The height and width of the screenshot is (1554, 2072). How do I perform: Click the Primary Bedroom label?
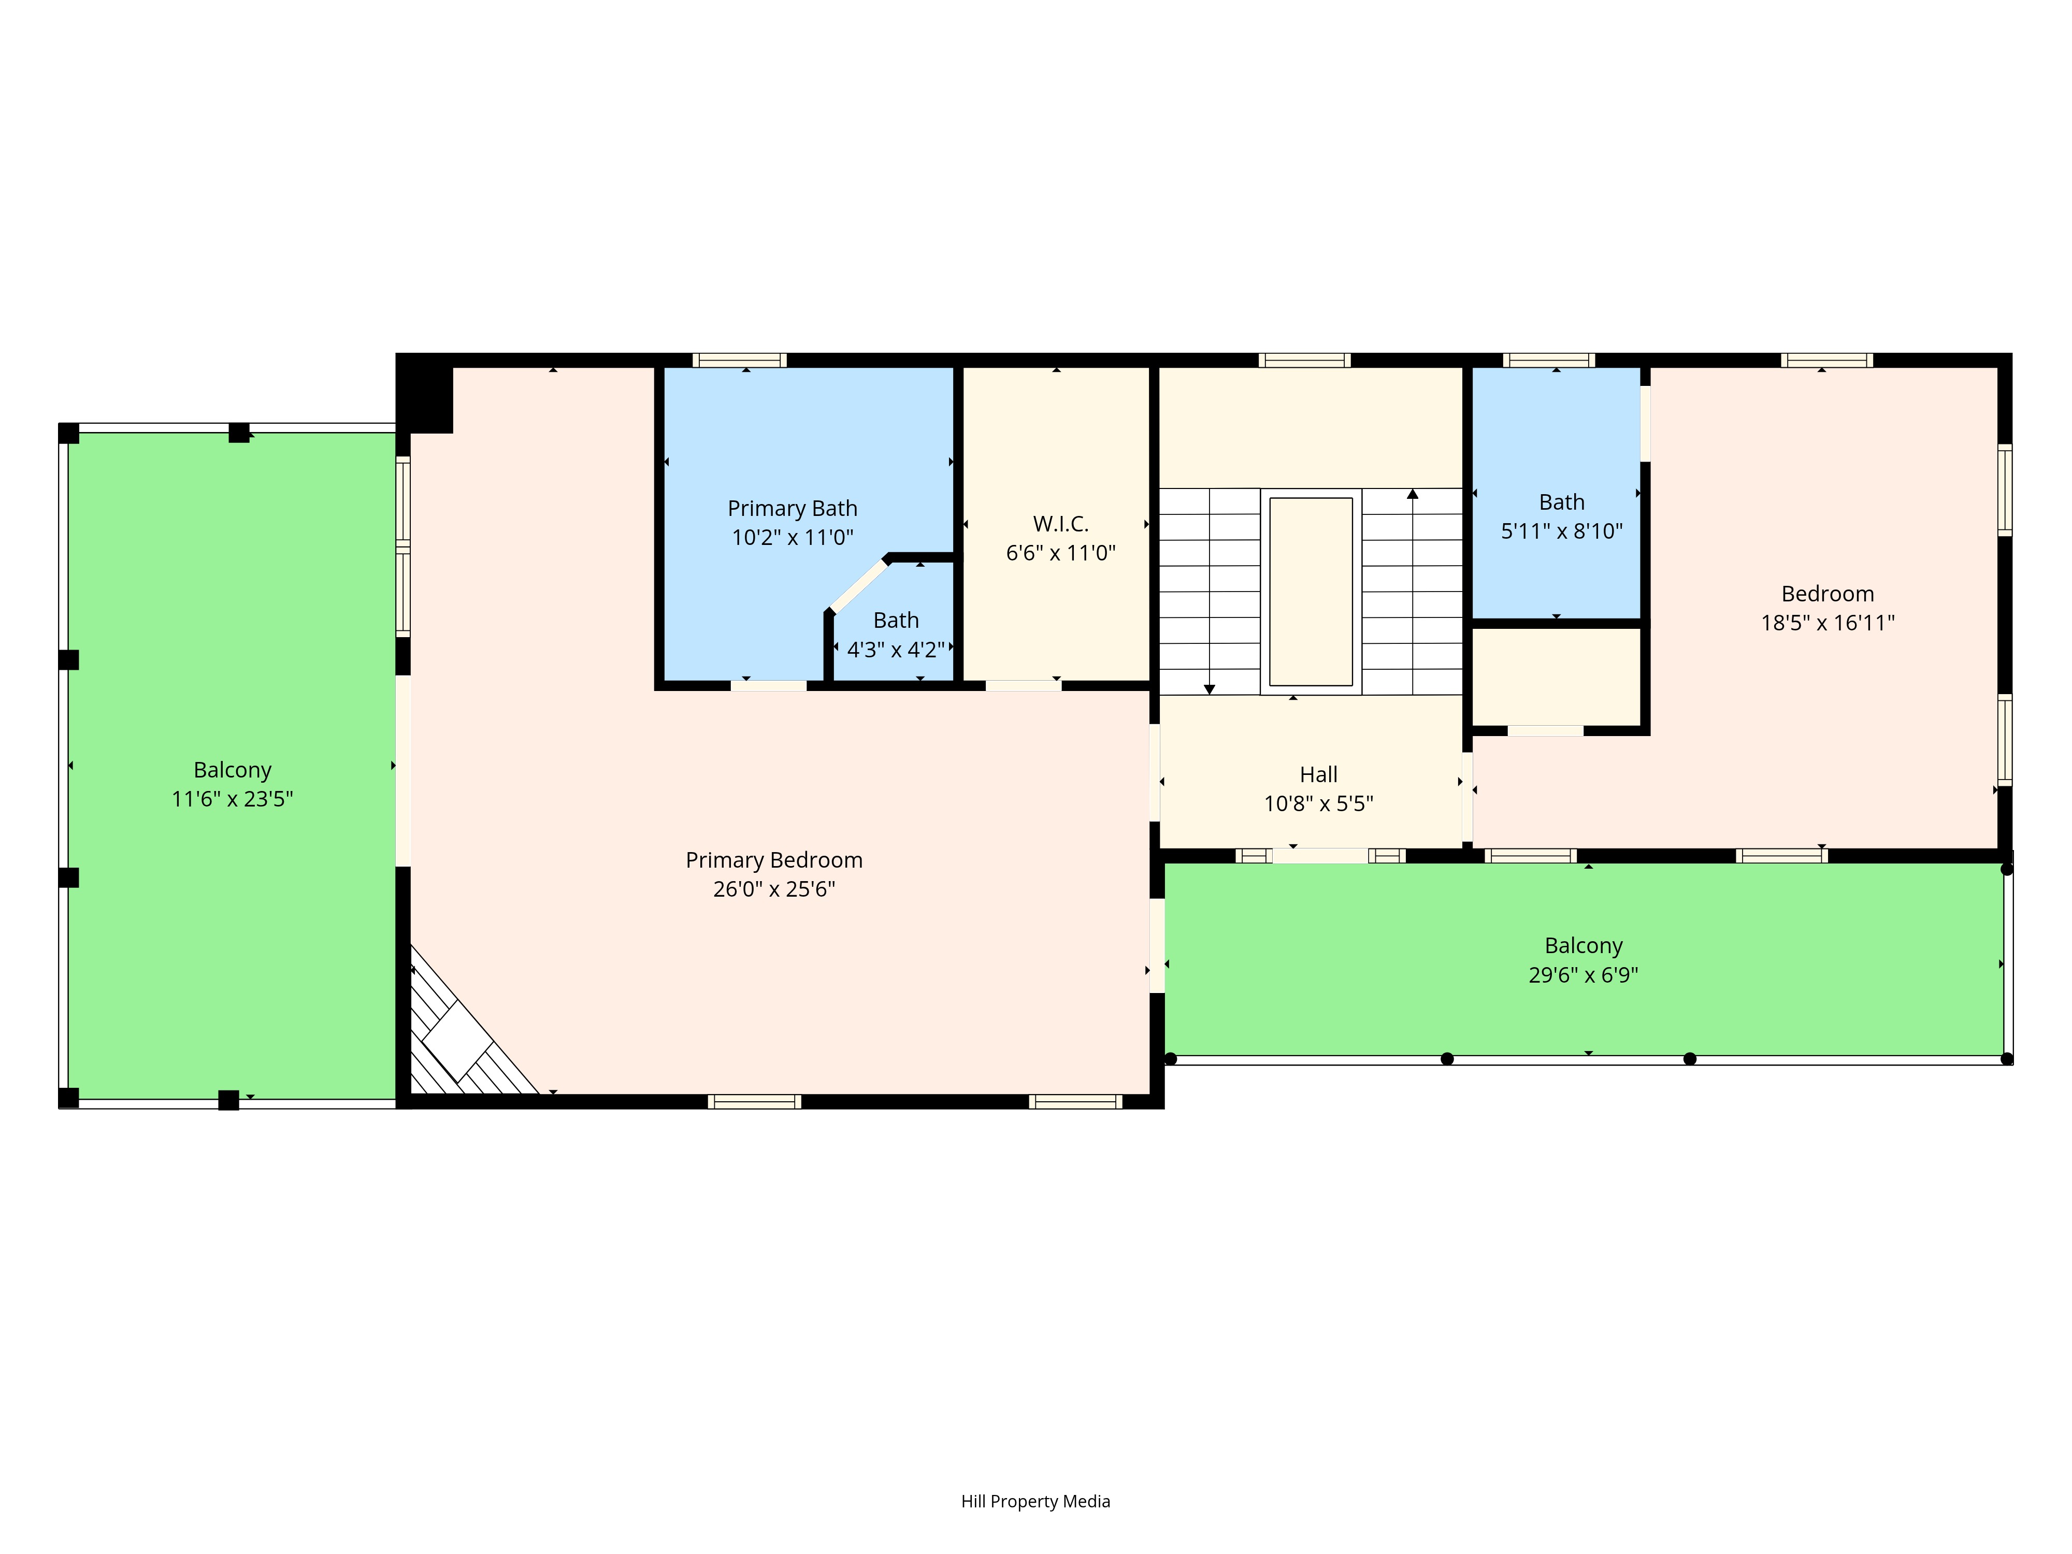pyautogui.click(x=774, y=860)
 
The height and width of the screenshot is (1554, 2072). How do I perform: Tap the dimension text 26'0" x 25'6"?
pyautogui.click(x=774, y=889)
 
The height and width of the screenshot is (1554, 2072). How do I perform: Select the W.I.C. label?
pyautogui.click(x=1060, y=524)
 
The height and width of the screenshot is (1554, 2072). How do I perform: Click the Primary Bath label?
pyautogui.click(x=793, y=509)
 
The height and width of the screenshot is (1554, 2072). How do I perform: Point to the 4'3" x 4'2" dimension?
pyautogui.click(x=896, y=649)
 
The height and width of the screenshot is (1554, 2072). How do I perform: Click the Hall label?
pyautogui.click(x=1318, y=774)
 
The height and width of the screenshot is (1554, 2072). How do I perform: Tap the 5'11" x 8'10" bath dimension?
pyautogui.click(x=1561, y=531)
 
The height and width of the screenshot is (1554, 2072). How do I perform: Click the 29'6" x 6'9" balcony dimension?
pyautogui.click(x=1583, y=975)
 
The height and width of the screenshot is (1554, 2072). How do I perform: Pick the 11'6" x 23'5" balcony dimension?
pyautogui.click(x=232, y=799)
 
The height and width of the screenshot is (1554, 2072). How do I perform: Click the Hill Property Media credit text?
pyautogui.click(x=1035, y=1502)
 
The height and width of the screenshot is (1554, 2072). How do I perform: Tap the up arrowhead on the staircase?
pyautogui.click(x=1413, y=494)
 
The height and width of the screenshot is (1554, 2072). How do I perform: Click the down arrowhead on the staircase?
pyautogui.click(x=1210, y=689)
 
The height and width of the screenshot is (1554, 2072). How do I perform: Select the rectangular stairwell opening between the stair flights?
pyautogui.click(x=1311, y=591)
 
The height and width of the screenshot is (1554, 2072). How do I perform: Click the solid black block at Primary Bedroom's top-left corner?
pyautogui.click(x=426, y=397)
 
